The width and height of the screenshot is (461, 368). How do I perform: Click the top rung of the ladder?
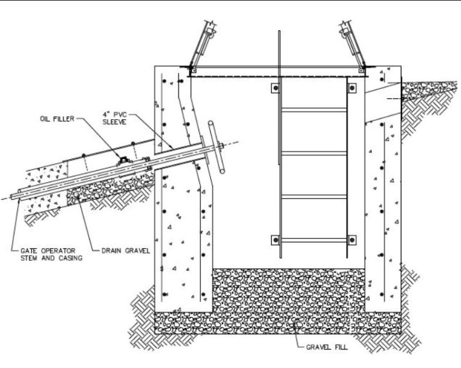(312, 111)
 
